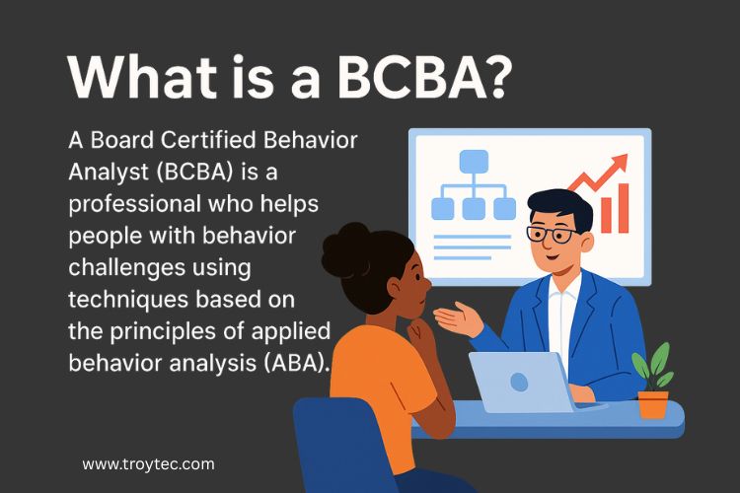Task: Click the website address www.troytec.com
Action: click(x=148, y=463)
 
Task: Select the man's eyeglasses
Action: click(x=553, y=235)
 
